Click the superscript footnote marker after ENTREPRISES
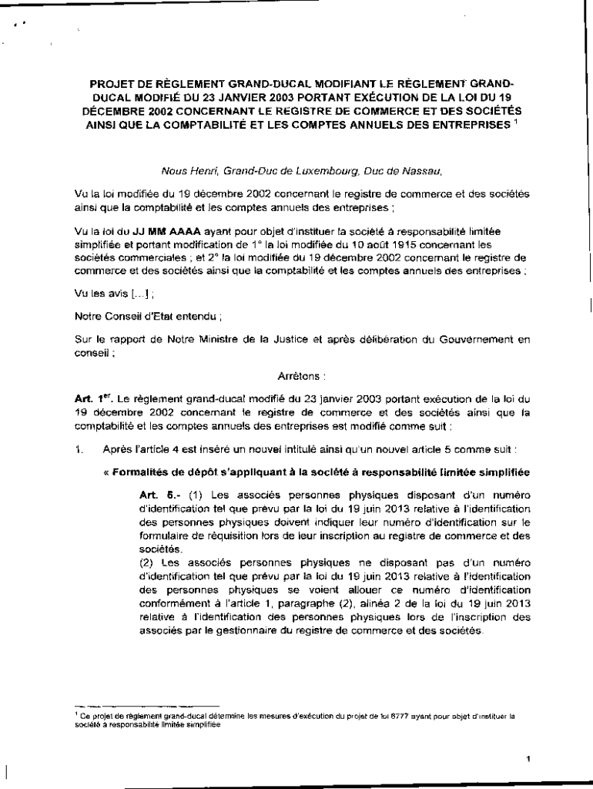point(514,121)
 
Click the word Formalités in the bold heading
point(142,470)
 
